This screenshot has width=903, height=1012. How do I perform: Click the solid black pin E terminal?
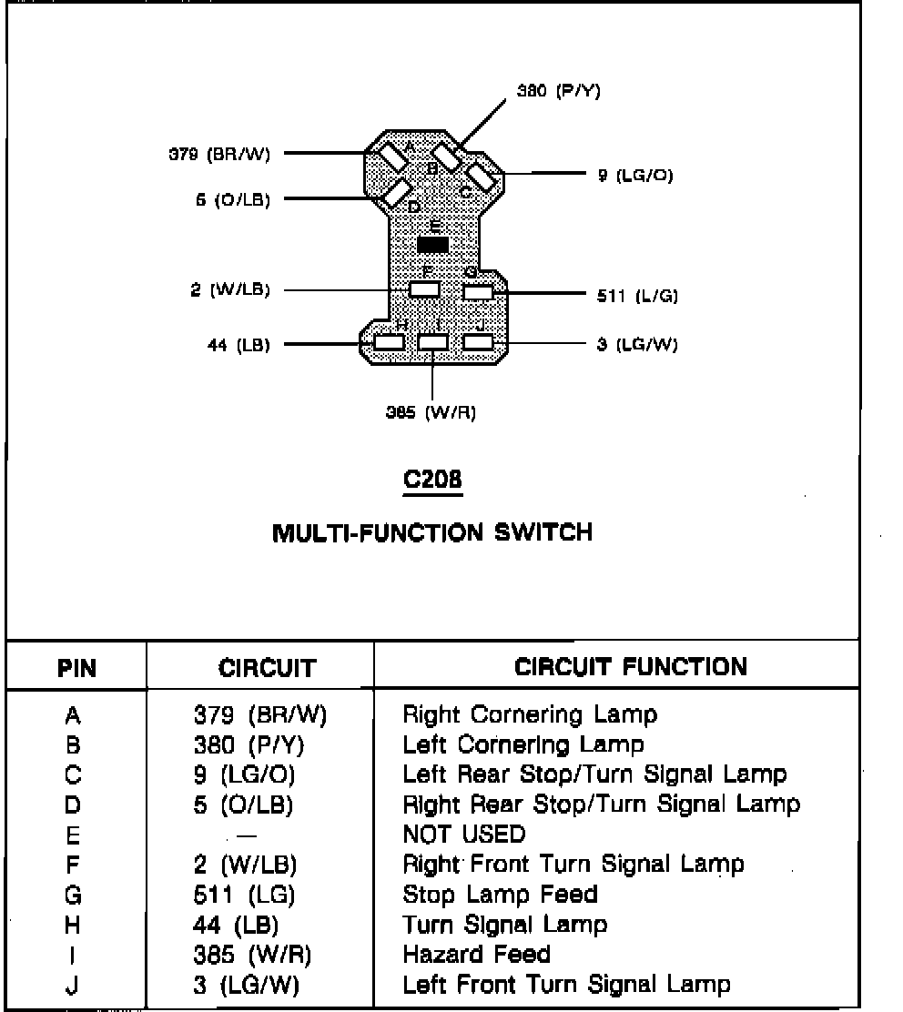click(432, 245)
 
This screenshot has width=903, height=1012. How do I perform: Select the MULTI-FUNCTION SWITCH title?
click(432, 531)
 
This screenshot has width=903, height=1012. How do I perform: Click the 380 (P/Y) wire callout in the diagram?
click(558, 91)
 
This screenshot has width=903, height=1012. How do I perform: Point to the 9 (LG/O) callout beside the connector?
click(635, 175)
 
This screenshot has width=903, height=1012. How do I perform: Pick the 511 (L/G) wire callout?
click(637, 295)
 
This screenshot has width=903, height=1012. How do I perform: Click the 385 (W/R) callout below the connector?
click(431, 412)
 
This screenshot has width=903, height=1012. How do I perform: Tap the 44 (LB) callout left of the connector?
click(238, 345)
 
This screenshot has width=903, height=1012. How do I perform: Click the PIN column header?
click(76, 669)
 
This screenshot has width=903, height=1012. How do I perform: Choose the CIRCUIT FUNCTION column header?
click(631, 667)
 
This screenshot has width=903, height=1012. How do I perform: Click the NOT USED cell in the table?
click(464, 834)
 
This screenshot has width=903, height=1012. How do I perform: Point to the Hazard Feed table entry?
click(476, 954)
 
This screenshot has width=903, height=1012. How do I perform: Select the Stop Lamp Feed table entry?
click(500, 894)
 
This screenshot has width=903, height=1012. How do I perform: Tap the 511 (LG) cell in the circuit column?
click(244, 894)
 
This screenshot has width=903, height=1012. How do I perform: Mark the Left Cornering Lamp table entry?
click(523, 744)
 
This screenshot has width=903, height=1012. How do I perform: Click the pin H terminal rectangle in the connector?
click(389, 342)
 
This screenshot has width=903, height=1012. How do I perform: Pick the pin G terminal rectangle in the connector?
click(478, 292)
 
